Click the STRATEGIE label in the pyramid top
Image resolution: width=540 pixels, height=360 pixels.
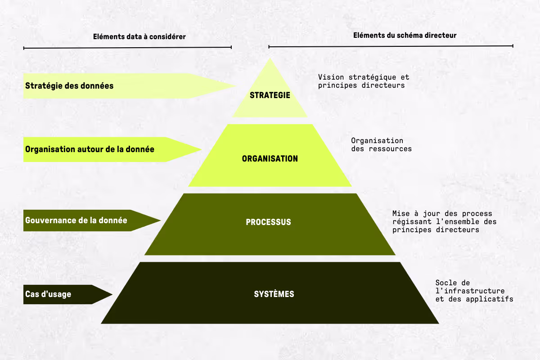coord(270,95)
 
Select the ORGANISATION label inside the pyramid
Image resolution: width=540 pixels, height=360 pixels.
coord(270,159)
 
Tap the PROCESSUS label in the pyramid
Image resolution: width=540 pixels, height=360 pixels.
coord(269,222)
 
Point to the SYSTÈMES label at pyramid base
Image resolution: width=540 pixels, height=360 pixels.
coord(274,294)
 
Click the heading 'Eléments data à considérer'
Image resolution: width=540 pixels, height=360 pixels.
coord(139,36)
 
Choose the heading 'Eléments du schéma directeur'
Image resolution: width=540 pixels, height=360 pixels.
coord(405,35)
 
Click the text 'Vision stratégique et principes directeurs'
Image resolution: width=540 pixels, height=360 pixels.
coord(364,81)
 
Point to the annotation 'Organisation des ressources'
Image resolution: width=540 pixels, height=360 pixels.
coord(381,145)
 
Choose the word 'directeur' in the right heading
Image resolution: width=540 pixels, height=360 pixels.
coord(441,35)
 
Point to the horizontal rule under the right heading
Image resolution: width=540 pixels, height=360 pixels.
coord(391,46)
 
